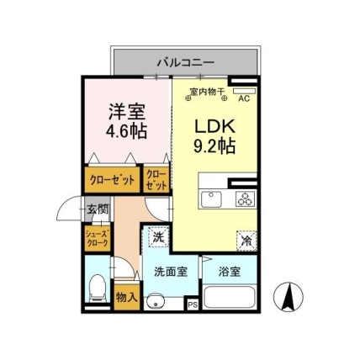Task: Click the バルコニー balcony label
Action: point(186,62)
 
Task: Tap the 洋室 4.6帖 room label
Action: point(126,121)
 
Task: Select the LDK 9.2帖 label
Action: point(214,136)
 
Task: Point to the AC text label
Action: point(244,98)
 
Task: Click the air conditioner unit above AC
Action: point(244,91)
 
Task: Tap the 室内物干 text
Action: point(207,92)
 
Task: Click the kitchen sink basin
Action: point(211,199)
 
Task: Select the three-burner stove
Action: point(246,199)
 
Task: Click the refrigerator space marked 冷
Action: point(246,241)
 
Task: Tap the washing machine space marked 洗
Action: point(158,237)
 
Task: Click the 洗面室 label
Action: point(171,272)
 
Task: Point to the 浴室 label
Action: point(230,272)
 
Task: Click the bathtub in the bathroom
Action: point(230,297)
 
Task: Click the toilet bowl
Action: point(98,288)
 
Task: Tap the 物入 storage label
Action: point(127,297)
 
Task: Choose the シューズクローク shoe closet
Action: point(98,239)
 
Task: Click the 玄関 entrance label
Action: point(98,209)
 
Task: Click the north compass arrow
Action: point(289,297)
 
